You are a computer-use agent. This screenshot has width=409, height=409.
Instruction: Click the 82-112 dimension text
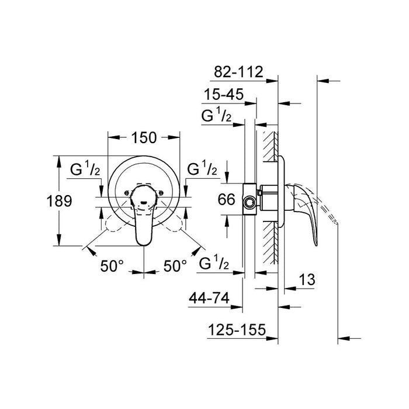pos(240,72)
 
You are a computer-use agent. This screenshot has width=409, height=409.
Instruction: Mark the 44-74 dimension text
pos(208,300)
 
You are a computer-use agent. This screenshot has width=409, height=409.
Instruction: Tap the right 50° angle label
pos(175,265)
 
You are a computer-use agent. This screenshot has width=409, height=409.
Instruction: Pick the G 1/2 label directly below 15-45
pos(216,115)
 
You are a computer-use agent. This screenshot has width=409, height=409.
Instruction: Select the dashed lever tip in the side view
pos(331,217)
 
